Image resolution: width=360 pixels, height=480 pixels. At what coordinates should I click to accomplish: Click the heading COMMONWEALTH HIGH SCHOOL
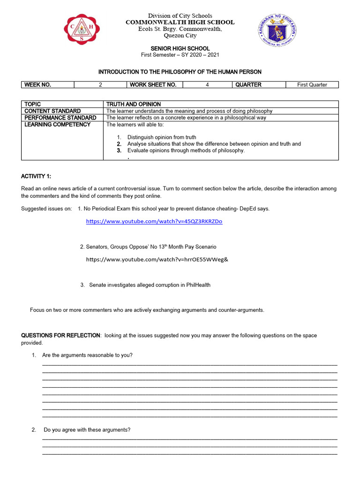click(180, 22)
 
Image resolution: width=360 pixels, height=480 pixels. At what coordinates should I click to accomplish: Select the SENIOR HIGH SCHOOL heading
click(180, 49)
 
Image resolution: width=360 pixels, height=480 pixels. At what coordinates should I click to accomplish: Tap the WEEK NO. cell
click(38, 85)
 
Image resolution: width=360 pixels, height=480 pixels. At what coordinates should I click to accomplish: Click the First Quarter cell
click(312, 85)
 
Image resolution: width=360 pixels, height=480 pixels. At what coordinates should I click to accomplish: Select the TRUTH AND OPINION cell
click(134, 104)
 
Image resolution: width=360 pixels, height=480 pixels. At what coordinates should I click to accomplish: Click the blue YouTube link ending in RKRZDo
click(154, 221)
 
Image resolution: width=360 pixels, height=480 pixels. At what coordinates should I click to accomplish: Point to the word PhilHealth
click(197, 285)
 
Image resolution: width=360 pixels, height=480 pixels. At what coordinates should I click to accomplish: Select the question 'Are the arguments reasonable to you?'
click(87, 355)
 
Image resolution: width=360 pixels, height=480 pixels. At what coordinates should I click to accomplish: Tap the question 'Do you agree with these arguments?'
click(87, 430)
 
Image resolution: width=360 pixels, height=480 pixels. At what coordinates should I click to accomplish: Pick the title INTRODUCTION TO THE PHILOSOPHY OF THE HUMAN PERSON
click(180, 72)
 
